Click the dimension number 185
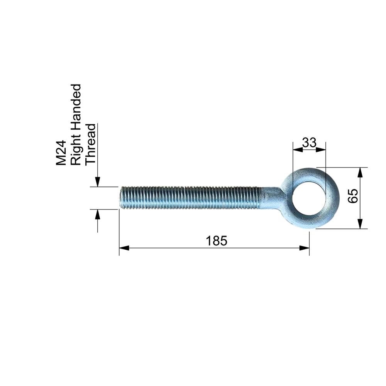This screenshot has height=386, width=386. coord(217,241)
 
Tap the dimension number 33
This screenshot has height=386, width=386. coord(309,142)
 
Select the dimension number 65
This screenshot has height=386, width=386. coord(353,196)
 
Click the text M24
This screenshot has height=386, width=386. coord(61,152)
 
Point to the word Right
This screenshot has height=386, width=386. coord(76,154)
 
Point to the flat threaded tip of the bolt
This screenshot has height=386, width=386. coord(120,198)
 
